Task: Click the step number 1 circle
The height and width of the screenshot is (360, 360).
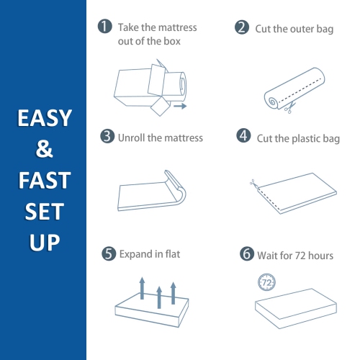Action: point(105,27)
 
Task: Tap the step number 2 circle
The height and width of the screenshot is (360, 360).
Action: point(242,27)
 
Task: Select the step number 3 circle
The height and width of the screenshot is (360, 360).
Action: point(107,136)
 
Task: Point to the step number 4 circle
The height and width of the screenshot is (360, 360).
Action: point(244,136)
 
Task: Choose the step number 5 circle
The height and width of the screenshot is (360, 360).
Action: point(109,253)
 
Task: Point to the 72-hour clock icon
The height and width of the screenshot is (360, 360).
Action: point(266,282)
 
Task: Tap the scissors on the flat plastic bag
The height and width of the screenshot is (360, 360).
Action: point(253,184)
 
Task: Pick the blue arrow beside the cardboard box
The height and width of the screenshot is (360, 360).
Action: point(179,107)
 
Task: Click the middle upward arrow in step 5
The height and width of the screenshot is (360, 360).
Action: point(158,291)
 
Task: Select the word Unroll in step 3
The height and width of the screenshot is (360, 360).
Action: point(133,137)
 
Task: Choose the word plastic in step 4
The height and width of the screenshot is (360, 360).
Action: point(298,137)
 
